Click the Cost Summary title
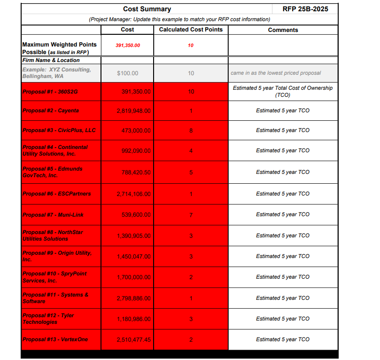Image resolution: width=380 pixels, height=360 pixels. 147,9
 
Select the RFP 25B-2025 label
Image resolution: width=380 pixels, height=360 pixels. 305,9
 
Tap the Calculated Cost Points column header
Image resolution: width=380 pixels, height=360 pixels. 191,30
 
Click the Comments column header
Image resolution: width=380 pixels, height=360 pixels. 283,30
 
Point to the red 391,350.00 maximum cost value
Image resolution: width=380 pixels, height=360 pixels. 128,46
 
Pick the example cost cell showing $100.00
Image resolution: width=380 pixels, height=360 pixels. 127,73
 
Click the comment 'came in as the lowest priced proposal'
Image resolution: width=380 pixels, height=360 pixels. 276,73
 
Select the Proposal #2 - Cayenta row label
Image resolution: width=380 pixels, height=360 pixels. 51,111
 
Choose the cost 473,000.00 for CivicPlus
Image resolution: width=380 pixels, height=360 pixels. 134,130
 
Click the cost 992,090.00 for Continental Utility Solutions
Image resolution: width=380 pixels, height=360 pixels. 134,151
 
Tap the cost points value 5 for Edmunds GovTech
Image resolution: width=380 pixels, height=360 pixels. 191,172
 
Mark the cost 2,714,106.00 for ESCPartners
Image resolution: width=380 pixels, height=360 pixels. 134,194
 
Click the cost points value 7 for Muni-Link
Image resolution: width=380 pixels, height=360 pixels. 191,215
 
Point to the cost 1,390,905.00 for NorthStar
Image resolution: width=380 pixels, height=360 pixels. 134,236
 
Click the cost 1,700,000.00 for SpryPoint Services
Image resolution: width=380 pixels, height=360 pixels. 134,277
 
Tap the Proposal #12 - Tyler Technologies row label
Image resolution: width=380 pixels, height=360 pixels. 48,319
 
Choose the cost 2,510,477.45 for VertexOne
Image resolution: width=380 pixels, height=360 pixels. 134,340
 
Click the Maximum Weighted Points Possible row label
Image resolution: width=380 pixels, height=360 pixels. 59,48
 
